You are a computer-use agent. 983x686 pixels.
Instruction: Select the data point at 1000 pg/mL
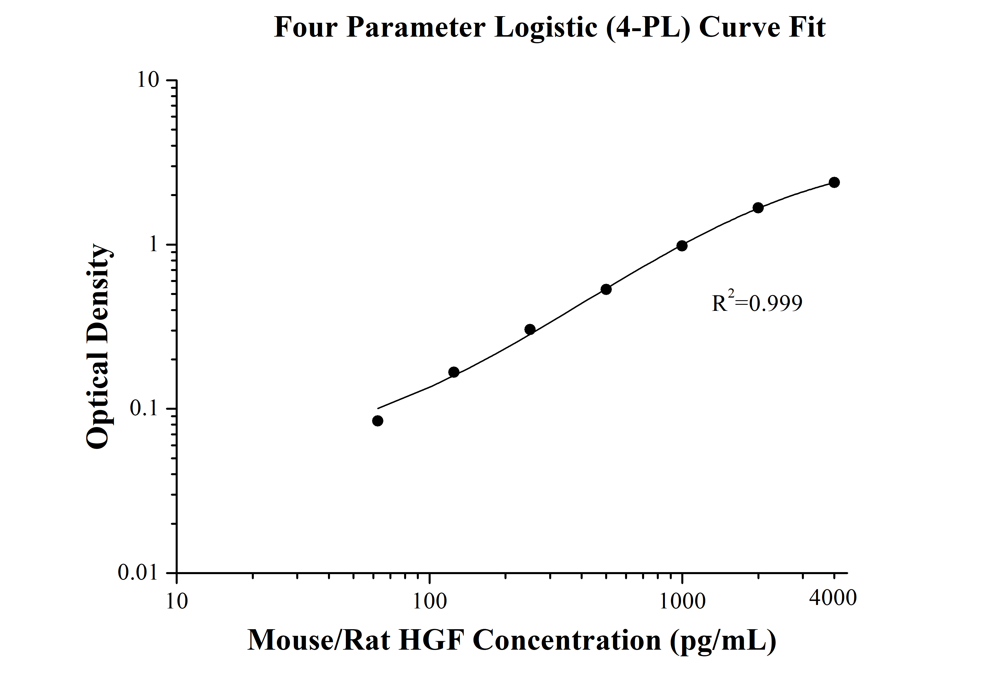[682, 246]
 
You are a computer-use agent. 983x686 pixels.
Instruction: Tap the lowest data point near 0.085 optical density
[378, 421]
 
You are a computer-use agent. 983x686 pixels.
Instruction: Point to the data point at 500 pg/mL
[606, 289]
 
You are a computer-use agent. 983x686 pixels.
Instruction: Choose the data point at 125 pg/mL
[454, 372]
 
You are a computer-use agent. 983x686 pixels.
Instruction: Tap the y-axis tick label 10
[148, 80]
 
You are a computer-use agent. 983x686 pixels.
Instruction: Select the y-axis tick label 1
[153, 245]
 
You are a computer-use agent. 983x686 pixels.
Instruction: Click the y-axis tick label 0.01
[138, 573]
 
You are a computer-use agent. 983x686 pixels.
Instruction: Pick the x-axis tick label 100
[429, 601]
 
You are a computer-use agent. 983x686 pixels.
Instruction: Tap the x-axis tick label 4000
[833, 597]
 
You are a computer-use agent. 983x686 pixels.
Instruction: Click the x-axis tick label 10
[177, 601]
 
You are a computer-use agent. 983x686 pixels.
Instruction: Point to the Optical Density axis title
[99, 347]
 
